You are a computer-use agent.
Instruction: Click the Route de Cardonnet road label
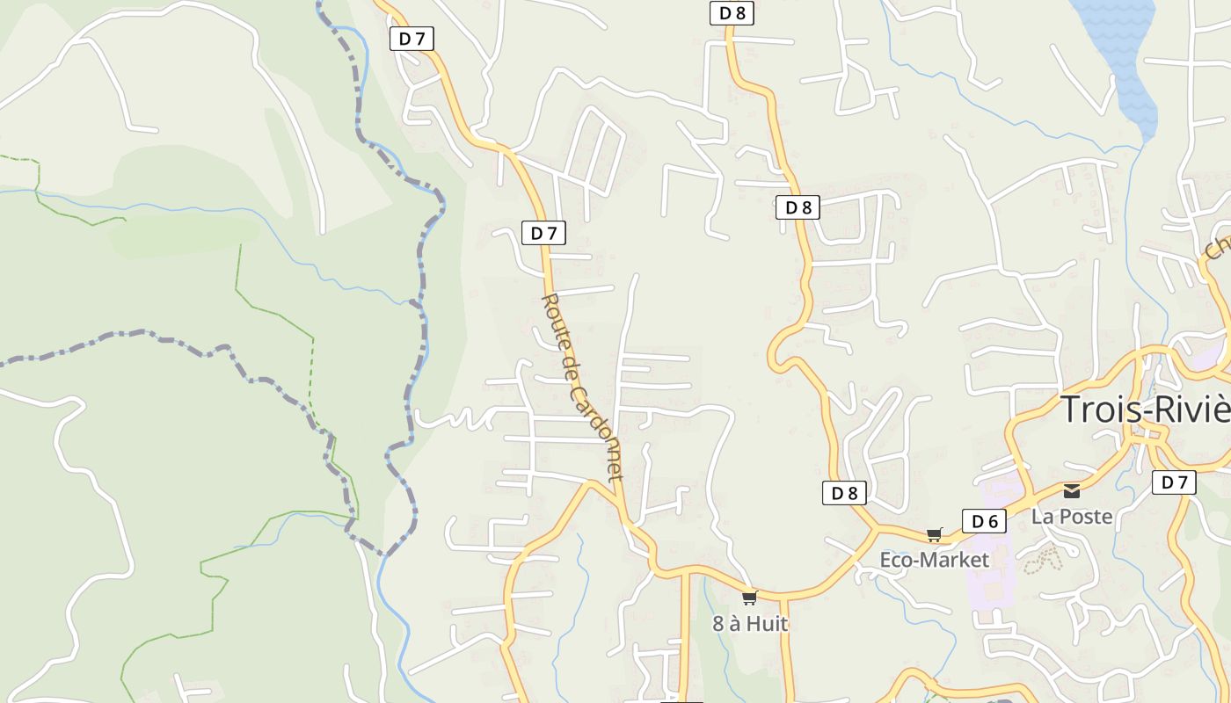[x=581, y=387]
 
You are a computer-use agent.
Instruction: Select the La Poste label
[x=1072, y=516]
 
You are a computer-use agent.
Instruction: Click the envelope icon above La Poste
[x=1072, y=490]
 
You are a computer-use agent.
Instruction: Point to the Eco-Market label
[x=934, y=560]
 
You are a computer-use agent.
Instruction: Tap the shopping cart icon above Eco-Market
[x=934, y=534]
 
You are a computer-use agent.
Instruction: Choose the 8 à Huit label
[x=750, y=624]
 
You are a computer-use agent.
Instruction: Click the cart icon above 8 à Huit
[x=749, y=598]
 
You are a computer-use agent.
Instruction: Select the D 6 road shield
[x=984, y=521]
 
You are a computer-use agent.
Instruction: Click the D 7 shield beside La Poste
[x=1174, y=482]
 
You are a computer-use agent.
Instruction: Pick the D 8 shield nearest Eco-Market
[x=844, y=493]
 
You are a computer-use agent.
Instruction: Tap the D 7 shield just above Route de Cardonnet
[x=544, y=233]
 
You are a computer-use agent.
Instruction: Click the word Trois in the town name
[x=1095, y=410]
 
